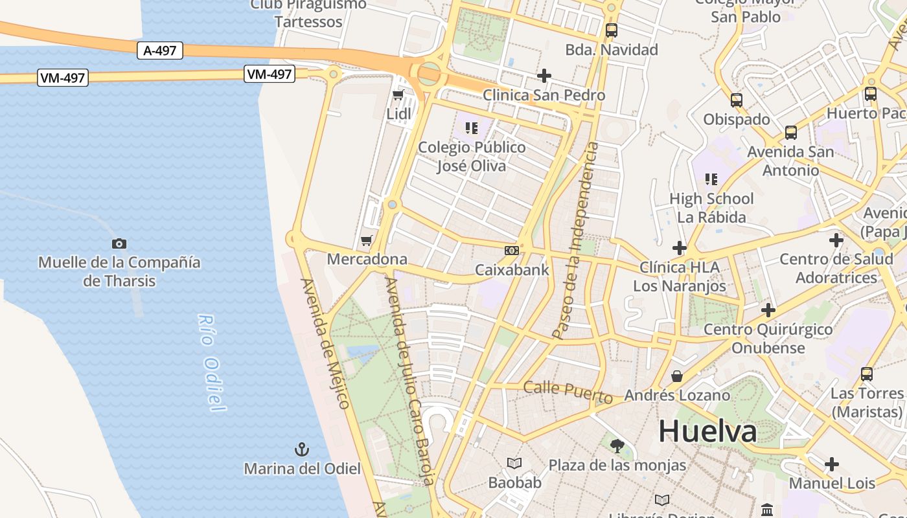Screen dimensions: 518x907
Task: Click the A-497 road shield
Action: pyautogui.click(x=160, y=51)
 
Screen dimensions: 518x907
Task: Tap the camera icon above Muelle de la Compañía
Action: pyautogui.click(x=119, y=244)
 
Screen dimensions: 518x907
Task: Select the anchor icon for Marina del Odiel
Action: pyautogui.click(x=302, y=449)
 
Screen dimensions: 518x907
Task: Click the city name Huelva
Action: pyautogui.click(x=707, y=431)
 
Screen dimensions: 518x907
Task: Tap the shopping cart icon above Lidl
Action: pyautogui.click(x=398, y=95)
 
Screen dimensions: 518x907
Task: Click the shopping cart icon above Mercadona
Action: pyautogui.click(x=367, y=241)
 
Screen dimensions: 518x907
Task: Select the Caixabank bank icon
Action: pyautogui.click(x=512, y=251)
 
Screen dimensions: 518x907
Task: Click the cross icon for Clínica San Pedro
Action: pyautogui.click(x=544, y=76)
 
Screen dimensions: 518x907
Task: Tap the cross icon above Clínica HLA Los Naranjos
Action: pyautogui.click(x=679, y=247)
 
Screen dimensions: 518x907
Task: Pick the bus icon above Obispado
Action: pyautogui.click(x=737, y=100)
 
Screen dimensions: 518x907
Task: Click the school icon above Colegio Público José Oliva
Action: pyautogui.click(x=471, y=128)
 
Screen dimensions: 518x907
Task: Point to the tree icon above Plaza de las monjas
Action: pyautogui.click(x=617, y=445)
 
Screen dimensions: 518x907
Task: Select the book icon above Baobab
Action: pyautogui.click(x=514, y=464)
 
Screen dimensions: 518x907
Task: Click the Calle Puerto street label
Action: pyautogui.click(x=568, y=391)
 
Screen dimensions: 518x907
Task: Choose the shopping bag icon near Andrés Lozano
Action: pyautogui.click(x=677, y=376)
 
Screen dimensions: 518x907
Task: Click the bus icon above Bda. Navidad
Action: pyautogui.click(x=611, y=30)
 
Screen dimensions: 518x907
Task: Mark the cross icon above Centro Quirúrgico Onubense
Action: pyautogui.click(x=768, y=310)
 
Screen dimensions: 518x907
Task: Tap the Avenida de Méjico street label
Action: pyautogui.click(x=325, y=343)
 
